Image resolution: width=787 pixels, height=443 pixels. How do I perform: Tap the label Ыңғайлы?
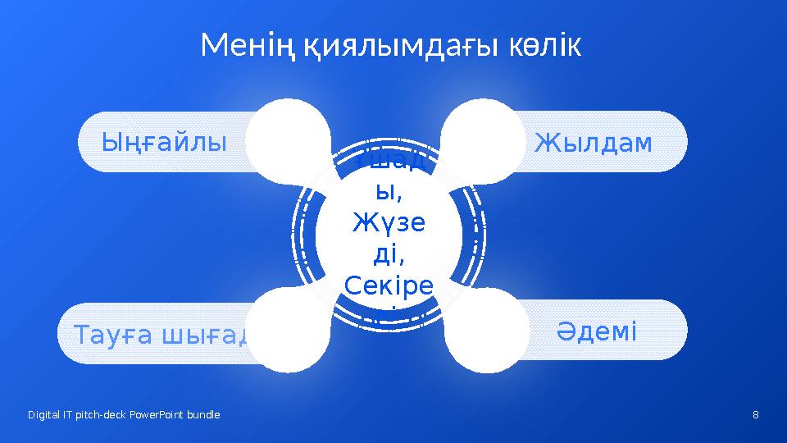(x=164, y=143)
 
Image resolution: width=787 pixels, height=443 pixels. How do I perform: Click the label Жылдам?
(x=594, y=143)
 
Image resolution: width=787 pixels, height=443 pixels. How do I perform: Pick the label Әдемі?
(x=596, y=331)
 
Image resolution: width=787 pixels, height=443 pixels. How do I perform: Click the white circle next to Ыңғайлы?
(x=289, y=141)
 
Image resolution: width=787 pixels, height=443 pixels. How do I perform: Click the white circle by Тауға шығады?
(x=289, y=330)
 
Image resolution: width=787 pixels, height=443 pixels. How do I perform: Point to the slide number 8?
(x=755, y=415)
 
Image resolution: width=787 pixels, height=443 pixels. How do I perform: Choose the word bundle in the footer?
(x=203, y=415)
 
